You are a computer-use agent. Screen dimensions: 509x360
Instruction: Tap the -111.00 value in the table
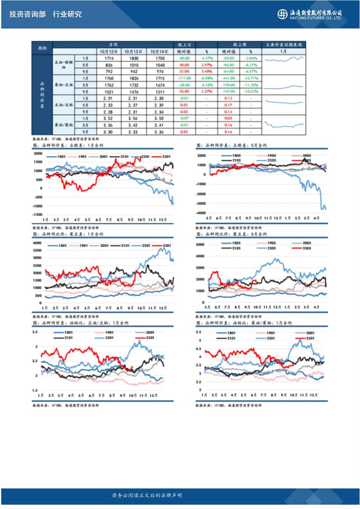pos(184,78)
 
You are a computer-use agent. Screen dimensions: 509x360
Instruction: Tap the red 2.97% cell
pos(207,65)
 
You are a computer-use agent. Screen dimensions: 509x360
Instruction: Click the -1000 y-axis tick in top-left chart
pos(39,206)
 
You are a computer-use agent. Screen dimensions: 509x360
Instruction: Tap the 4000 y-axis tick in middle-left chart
pos(38,243)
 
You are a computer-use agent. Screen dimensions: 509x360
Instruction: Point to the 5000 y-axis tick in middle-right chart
pos(200,245)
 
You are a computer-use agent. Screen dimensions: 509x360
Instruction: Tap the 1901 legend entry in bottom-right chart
pos(270,333)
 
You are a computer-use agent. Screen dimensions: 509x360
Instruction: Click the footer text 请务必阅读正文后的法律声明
pos(147,495)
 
